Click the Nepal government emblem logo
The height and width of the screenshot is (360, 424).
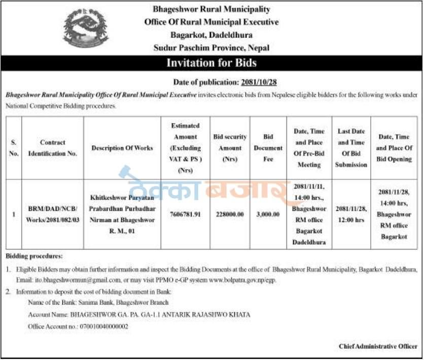[x=85, y=28]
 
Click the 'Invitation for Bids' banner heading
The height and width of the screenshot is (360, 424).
[x=211, y=63]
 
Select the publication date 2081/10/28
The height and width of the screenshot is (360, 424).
[x=258, y=82]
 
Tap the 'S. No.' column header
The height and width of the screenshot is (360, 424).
[x=14, y=148]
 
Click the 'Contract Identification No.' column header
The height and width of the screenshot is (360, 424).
[x=53, y=148]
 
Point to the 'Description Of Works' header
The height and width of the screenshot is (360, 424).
[x=122, y=148]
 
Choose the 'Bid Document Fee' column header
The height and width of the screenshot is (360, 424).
[x=268, y=148]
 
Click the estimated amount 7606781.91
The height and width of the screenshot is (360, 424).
[x=186, y=214]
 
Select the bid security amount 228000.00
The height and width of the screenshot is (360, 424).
[x=230, y=214]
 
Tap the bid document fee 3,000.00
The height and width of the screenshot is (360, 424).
[x=268, y=214]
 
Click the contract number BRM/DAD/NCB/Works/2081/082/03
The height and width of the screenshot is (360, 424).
[x=53, y=214]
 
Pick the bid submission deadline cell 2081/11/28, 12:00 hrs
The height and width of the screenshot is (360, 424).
[x=351, y=214]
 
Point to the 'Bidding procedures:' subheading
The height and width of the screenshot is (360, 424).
[x=34, y=257]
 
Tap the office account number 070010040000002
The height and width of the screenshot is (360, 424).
[x=103, y=327]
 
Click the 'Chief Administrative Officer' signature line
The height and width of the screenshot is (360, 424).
[x=378, y=346]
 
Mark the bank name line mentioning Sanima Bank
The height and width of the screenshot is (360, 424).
[x=98, y=303]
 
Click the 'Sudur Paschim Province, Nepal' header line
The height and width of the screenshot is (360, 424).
[x=211, y=48]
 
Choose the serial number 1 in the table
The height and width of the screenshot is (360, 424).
[x=14, y=214]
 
